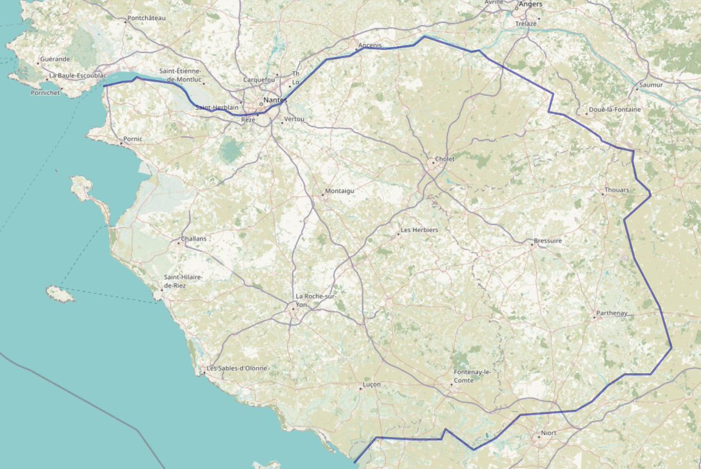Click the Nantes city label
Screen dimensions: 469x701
276,100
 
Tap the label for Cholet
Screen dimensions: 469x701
445,159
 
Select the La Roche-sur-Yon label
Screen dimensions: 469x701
315,300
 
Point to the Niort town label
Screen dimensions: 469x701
549,433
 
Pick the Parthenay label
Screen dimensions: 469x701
612,314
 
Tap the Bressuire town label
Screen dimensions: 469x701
548,241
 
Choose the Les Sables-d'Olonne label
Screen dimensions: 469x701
237,369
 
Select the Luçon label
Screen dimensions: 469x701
372,385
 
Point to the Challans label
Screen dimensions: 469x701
194,239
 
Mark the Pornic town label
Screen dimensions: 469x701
133,140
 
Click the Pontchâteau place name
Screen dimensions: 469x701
147,18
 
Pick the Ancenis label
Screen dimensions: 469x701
370,46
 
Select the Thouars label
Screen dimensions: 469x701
617,190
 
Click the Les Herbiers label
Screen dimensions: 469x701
419,230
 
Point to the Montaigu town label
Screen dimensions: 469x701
341,191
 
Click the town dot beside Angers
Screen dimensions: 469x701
517,8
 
